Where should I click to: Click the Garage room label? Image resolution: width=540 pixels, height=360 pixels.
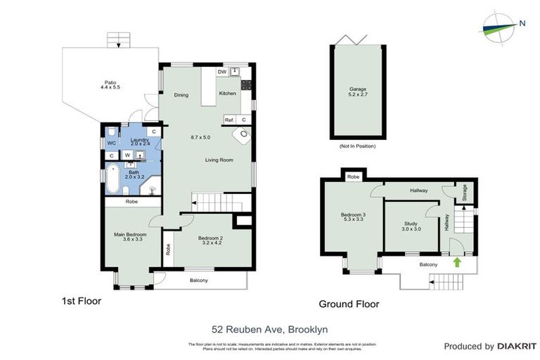pos(358,90)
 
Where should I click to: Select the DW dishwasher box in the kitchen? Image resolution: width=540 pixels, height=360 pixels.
pos(221,72)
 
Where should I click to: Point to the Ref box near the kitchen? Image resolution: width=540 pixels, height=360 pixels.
pos(229,120)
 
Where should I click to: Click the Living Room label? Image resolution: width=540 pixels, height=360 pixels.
pos(219,160)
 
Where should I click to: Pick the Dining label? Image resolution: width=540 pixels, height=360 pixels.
pos(181,95)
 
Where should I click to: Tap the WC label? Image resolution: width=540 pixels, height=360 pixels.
pos(111,143)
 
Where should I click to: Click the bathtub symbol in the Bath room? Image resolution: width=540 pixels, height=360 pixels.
pos(112,179)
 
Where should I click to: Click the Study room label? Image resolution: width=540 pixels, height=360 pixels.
pos(411,225)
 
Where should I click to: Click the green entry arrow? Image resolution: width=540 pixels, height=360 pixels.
pos(458,262)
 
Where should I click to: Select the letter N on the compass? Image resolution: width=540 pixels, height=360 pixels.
pos(522,23)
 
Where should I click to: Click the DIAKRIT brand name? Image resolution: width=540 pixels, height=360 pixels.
pos(517,346)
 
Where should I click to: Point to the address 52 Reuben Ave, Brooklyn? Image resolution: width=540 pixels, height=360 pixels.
pos(270,329)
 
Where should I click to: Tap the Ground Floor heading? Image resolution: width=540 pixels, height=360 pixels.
pos(349,304)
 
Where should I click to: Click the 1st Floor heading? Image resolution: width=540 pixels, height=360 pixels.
pos(81,301)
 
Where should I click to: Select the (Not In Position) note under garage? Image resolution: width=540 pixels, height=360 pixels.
pos(358,146)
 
